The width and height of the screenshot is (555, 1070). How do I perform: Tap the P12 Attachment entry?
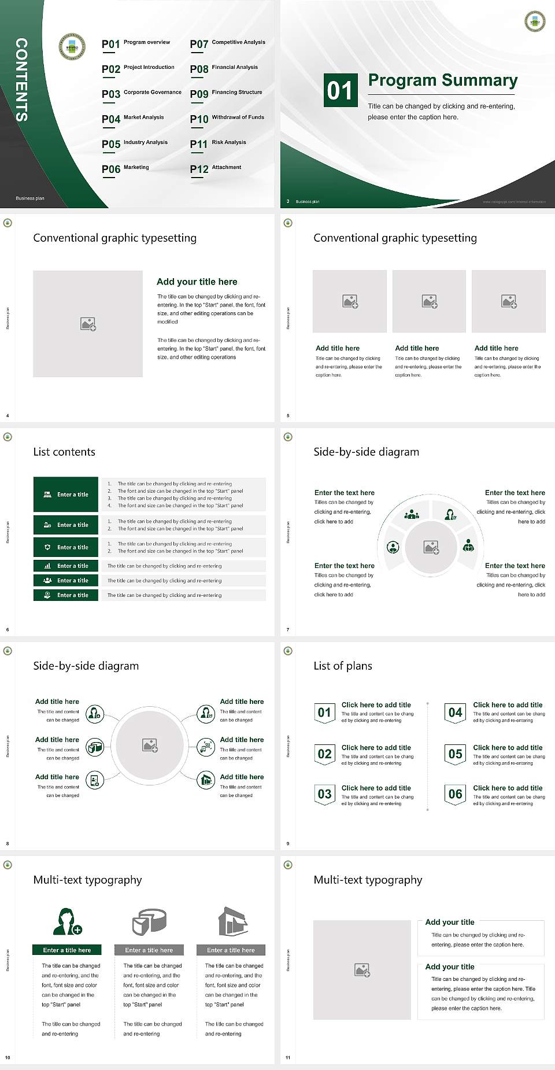216,168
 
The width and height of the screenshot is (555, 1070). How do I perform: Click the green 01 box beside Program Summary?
339,90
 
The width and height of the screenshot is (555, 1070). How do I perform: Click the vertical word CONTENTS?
21,80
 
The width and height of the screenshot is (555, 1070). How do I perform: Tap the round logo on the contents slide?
72,46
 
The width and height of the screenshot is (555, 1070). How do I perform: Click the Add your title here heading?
197,282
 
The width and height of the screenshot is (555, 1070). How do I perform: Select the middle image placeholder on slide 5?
429,301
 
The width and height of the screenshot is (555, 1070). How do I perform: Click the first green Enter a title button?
66,495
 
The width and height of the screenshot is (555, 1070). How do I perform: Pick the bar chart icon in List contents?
47,566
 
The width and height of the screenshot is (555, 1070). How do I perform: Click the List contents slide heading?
64,452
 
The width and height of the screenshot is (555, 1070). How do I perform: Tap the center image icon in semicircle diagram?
431,547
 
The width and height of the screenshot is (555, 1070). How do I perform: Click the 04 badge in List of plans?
456,713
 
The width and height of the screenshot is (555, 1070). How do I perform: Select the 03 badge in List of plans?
324,794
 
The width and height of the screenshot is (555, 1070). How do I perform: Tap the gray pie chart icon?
149,921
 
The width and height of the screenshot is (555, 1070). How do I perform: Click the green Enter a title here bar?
67,950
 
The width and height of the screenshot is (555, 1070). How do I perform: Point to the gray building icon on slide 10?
233,921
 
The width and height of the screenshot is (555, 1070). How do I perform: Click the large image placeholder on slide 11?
362,969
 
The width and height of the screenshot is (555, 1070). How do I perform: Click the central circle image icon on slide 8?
150,746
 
